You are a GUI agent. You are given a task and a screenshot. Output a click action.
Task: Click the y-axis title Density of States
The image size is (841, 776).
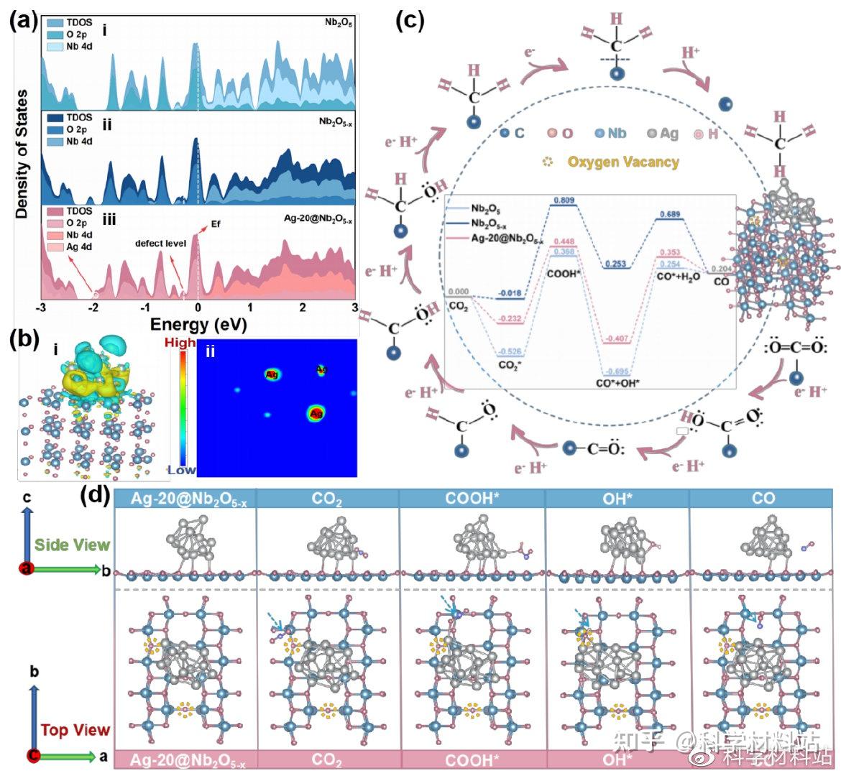[22, 154]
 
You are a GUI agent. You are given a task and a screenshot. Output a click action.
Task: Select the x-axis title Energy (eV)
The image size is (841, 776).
[198, 325]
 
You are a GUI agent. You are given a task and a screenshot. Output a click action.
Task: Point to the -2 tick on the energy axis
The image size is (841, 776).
[93, 308]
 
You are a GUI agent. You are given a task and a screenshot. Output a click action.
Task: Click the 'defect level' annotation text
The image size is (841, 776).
[160, 244]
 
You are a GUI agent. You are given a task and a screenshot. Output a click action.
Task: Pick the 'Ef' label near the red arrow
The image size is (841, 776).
[216, 224]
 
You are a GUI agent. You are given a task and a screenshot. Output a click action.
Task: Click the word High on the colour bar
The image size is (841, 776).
[180, 343]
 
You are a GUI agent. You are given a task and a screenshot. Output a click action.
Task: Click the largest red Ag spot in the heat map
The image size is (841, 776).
[316, 413]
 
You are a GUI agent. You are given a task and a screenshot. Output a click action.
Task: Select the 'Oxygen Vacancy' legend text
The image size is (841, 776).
[622, 162]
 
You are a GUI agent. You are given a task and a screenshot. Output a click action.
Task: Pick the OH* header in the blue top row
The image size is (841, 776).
[617, 498]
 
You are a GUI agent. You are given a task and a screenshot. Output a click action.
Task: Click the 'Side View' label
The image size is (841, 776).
[73, 545]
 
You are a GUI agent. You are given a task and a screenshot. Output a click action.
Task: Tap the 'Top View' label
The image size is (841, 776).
[75, 730]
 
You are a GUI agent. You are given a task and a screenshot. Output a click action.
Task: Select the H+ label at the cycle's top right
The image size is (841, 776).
[690, 52]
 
